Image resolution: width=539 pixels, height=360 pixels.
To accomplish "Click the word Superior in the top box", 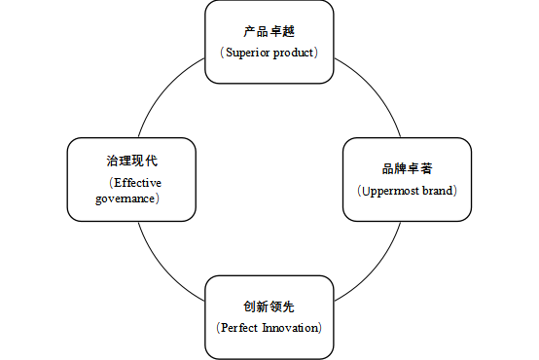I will pyautogui.click(x=247, y=52).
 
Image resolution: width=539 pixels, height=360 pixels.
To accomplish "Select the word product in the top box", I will pyautogui.click(x=294, y=52).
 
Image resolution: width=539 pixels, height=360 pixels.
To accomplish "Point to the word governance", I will pyautogui.click(x=126, y=198).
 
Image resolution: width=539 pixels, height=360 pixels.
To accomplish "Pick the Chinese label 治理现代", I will pyautogui.click(x=131, y=162).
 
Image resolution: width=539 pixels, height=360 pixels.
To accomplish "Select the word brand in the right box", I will pyautogui.click(x=437, y=190).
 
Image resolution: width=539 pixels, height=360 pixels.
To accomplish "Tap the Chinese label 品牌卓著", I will pyautogui.click(x=407, y=169).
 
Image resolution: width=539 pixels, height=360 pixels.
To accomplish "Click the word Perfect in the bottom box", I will pyautogui.click(x=239, y=327).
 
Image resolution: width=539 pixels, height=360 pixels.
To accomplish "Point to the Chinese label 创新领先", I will pyautogui.click(x=269, y=306).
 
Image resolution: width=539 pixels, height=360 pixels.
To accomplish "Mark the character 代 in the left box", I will pyautogui.click(x=151, y=162).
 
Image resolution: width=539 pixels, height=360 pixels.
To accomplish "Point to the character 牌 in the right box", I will pyautogui.click(x=400, y=169).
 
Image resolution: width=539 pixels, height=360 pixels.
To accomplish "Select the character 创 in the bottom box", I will pyautogui.click(x=249, y=306).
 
